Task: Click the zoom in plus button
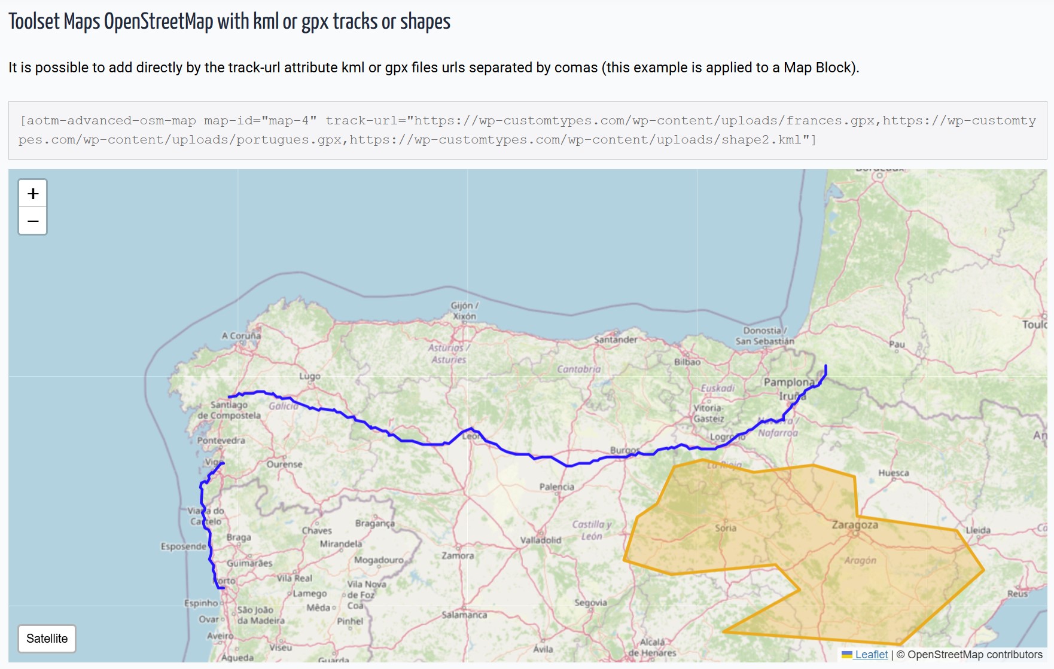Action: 33,194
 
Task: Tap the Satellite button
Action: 47,639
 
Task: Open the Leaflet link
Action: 871,655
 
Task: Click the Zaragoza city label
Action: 855,525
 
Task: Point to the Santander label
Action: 616,340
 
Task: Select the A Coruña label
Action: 241,335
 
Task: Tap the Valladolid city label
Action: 540,540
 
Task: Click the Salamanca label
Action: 464,615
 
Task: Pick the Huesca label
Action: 893,473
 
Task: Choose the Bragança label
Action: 374,523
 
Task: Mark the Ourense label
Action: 284,464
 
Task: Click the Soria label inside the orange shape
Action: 726,528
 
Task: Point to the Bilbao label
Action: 687,362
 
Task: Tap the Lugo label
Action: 310,376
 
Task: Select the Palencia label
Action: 556,487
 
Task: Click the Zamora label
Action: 458,555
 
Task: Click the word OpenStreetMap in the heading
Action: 159,22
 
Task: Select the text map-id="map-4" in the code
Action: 260,121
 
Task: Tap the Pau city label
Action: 897,344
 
